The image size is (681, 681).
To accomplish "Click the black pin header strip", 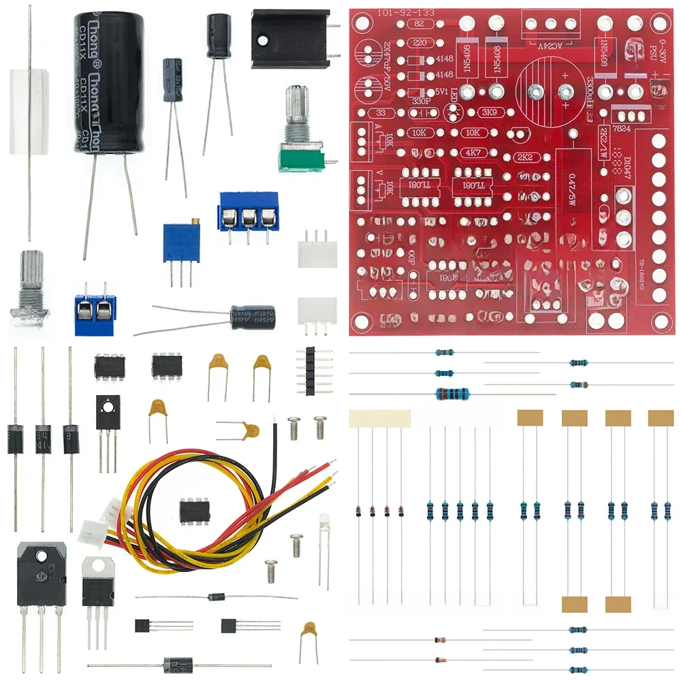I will (x=309, y=370).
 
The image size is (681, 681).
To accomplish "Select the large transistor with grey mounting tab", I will (x=42, y=575).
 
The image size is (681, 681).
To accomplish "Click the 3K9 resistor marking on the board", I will (x=488, y=112).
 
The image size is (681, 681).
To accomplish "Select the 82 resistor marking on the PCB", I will (x=418, y=23).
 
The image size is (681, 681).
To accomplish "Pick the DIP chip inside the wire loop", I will (x=194, y=509).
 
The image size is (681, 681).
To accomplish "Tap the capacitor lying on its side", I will (x=252, y=317).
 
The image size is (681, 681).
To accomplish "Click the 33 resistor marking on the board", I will (x=381, y=113).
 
